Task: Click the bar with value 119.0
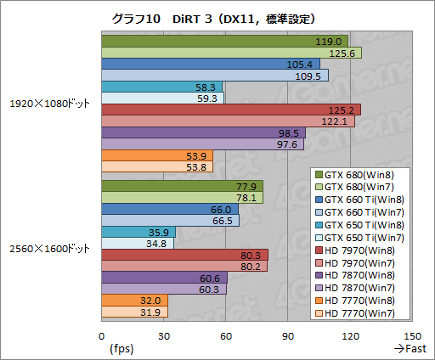pos(224,42)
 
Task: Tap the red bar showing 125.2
pos(230,110)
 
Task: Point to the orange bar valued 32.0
pos(134,300)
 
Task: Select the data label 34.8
pos(156,244)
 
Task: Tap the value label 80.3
pos(250,255)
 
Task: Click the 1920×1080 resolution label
pos(49,104)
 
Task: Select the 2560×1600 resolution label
pos(49,249)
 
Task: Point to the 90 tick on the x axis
pos(288,335)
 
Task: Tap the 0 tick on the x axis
pos(101,335)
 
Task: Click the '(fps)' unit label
pos(121,348)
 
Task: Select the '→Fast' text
pos(410,348)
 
